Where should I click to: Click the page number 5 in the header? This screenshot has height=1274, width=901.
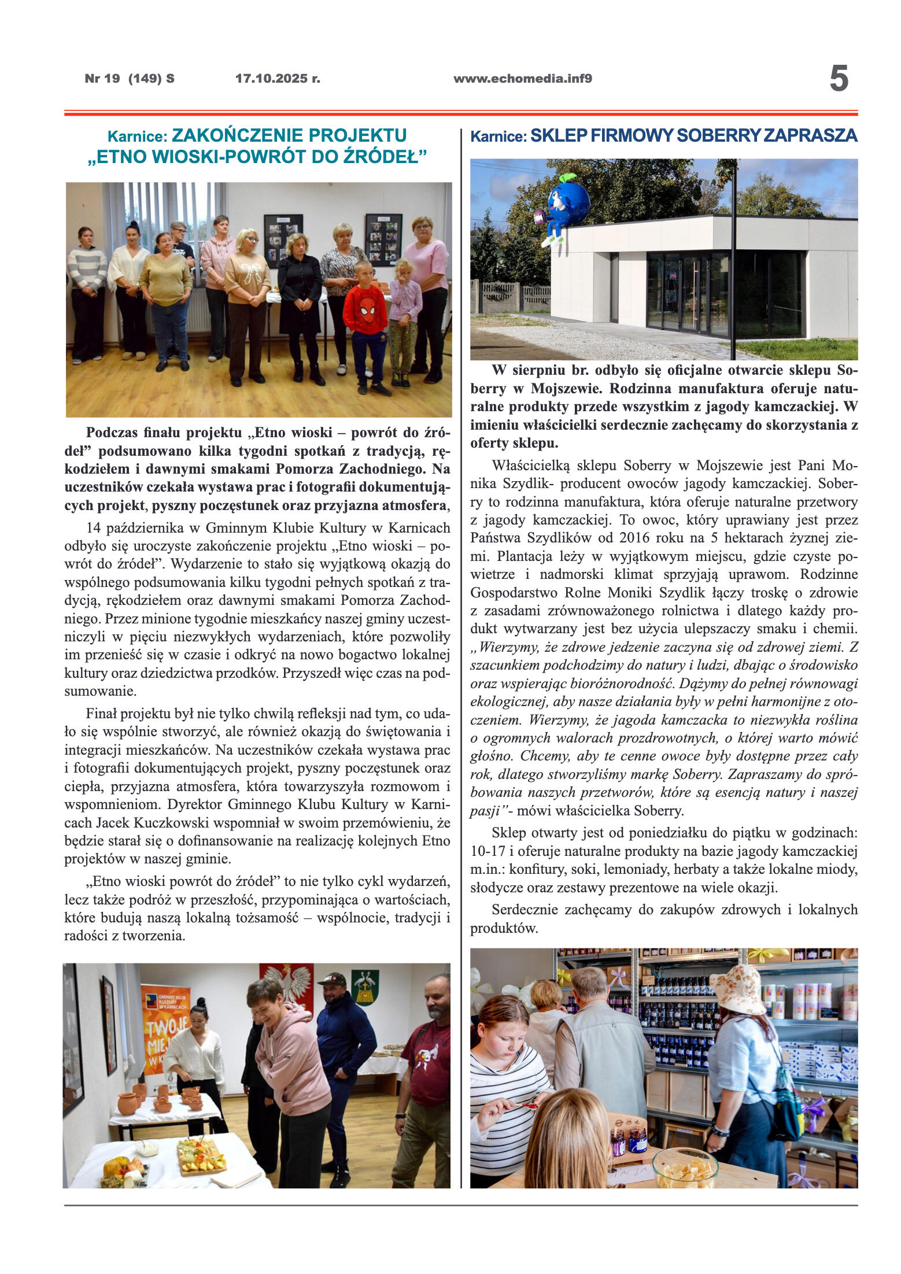point(839,79)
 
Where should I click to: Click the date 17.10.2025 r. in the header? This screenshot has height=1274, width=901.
point(278,79)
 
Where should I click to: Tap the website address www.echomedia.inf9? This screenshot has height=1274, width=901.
point(522,79)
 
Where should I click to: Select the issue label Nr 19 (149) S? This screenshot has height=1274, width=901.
point(130,79)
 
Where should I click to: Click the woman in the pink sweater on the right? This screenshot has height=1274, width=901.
point(427,278)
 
